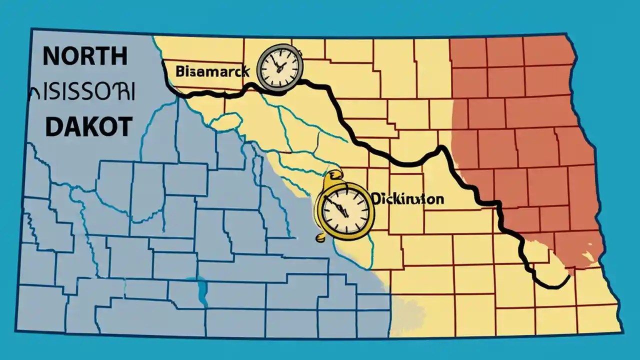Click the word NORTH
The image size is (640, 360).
tap(84, 56)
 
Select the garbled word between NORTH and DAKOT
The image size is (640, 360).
tap(82, 92)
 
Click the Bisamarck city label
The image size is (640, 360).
tap(212, 71)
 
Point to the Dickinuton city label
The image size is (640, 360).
tap(407, 199)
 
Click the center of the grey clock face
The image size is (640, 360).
tap(279, 67)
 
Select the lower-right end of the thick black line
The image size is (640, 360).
tap(569, 276)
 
